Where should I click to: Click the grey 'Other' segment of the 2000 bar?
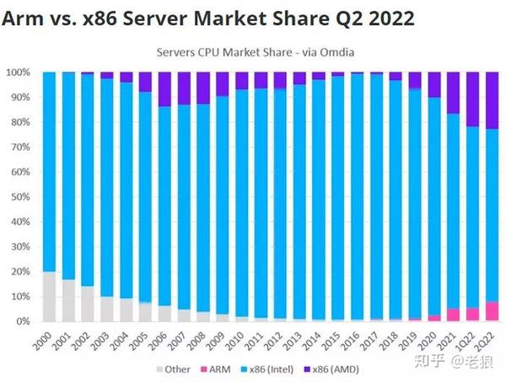pyautogui.click(x=49, y=296)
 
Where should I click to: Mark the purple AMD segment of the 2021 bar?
pyautogui.click(x=454, y=93)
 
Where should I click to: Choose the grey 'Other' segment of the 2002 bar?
pyautogui.click(x=88, y=304)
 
